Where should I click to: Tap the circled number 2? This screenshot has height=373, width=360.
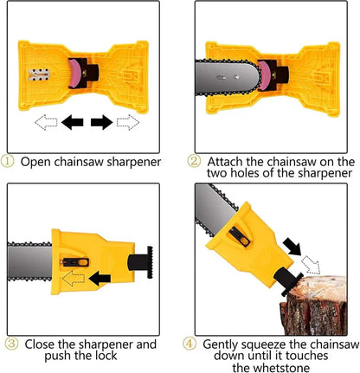[195, 161]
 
